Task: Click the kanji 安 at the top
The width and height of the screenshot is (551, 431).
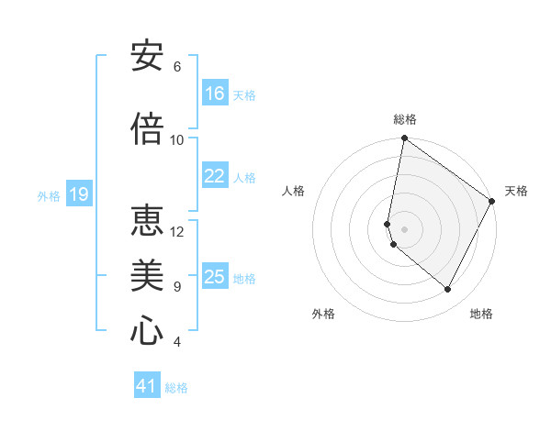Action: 147,57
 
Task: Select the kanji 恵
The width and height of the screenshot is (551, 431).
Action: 147,220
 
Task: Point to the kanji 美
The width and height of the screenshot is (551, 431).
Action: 147,275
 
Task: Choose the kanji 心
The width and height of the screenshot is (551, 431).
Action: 147,330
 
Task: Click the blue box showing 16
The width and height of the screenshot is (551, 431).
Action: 215,94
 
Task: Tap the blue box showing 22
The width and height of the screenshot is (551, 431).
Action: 215,176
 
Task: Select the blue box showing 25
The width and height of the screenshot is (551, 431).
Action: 215,277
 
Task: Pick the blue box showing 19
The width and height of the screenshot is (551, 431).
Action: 78,194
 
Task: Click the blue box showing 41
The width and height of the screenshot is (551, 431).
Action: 147,386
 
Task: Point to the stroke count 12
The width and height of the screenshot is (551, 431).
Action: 177,231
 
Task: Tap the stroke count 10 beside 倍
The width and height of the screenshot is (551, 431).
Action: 177,139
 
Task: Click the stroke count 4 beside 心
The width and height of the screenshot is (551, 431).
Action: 176,342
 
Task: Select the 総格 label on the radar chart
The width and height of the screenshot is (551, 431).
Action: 405,119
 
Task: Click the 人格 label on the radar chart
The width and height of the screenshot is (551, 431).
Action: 293,191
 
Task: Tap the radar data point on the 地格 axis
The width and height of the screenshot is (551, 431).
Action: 447,290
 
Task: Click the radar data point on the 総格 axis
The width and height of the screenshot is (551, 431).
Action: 404,139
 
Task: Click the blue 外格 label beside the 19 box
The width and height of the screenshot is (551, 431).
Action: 48,195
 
